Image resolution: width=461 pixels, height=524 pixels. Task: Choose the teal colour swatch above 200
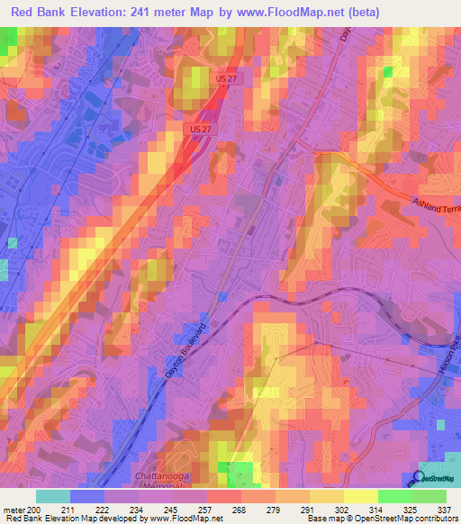(53, 496)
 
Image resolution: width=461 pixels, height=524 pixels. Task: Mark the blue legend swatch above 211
(87, 496)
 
